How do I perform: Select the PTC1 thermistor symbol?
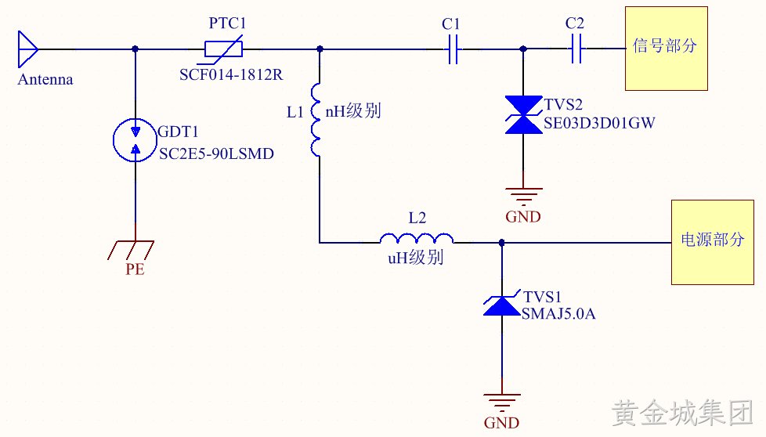click(222, 49)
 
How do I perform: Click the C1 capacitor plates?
click(453, 49)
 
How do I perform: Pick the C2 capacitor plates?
click(576, 49)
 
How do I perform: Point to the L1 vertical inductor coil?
click(316, 120)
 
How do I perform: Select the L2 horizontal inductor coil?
click(417, 238)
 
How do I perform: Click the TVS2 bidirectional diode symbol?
click(523, 115)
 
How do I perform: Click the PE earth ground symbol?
click(131, 250)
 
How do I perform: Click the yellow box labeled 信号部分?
click(667, 49)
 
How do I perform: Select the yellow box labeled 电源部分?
click(712, 242)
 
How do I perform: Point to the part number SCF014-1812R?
click(231, 74)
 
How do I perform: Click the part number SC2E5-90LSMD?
click(216, 153)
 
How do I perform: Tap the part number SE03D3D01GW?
click(599, 123)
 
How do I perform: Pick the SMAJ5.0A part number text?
click(558, 313)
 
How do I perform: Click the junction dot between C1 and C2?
click(523, 49)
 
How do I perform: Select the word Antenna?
click(45, 80)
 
